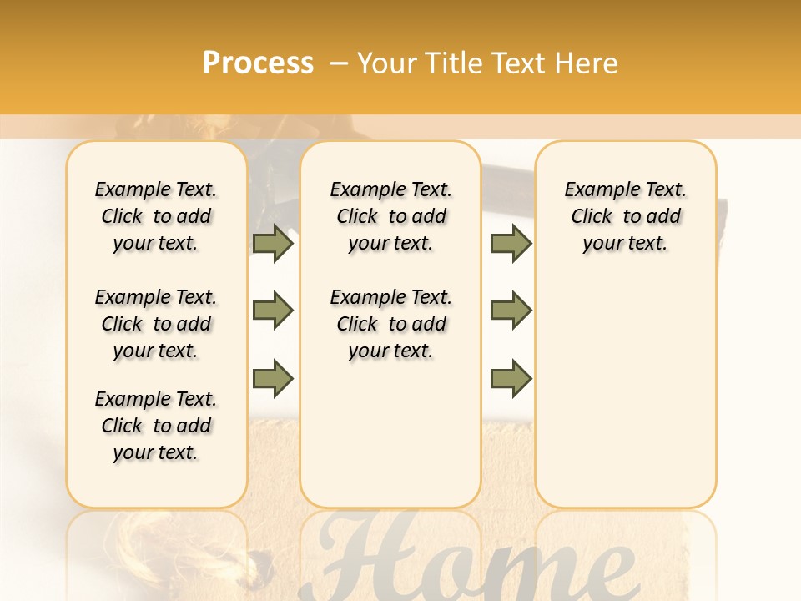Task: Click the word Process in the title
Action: [258, 63]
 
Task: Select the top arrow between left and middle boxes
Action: [273, 243]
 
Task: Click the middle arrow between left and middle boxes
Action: [273, 311]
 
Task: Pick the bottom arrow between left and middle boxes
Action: [273, 378]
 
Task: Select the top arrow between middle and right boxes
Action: [511, 243]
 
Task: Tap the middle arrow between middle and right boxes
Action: [511, 311]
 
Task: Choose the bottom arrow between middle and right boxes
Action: [511, 378]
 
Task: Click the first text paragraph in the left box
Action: [156, 216]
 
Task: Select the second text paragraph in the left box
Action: [156, 324]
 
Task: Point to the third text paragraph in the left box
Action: [156, 426]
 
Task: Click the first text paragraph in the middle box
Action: [391, 216]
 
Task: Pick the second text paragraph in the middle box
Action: [391, 324]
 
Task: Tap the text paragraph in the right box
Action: [626, 216]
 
